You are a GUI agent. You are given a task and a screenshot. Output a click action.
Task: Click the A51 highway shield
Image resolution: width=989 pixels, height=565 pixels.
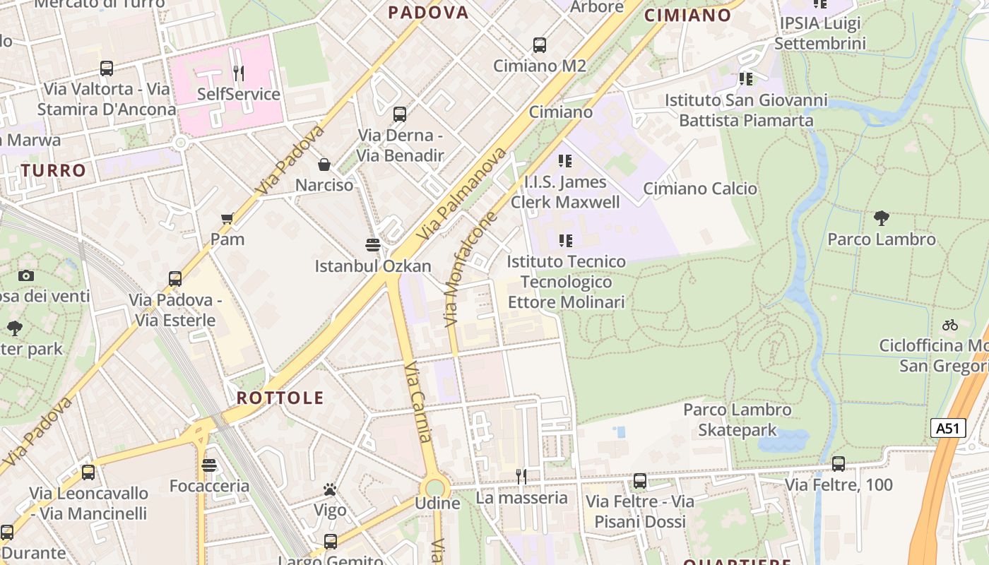pyautogui.click(x=948, y=428)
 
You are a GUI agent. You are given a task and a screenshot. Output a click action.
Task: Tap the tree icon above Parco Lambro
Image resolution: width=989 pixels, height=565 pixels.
pyautogui.click(x=881, y=218)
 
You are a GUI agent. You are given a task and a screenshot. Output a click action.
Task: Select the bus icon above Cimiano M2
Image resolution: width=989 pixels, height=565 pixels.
pyautogui.click(x=540, y=45)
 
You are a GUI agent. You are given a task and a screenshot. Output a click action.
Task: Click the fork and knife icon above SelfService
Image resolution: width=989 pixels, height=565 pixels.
pyautogui.click(x=239, y=73)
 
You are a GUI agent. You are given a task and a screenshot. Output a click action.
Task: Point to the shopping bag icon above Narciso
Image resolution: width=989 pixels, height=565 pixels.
pyautogui.click(x=324, y=165)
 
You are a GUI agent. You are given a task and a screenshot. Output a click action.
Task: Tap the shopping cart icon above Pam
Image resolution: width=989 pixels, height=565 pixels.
pyautogui.click(x=227, y=218)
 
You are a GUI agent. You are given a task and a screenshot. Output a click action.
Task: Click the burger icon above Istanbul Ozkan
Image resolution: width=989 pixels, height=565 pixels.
pyautogui.click(x=373, y=245)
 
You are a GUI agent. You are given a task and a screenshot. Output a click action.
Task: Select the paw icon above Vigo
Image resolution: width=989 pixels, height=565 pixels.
pyautogui.click(x=329, y=489)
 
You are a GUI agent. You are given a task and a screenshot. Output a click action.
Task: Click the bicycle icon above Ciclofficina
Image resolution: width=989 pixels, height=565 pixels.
pyautogui.click(x=950, y=325)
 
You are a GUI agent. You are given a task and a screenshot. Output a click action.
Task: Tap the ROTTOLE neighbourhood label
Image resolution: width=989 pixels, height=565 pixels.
pyautogui.click(x=280, y=398)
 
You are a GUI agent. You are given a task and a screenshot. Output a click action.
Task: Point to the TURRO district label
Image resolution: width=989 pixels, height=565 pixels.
pyautogui.click(x=53, y=170)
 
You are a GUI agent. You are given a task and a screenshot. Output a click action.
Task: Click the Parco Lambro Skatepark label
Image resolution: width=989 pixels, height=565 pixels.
pyautogui.click(x=738, y=420)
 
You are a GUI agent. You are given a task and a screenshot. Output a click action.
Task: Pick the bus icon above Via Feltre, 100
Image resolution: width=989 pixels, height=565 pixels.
pyautogui.click(x=839, y=464)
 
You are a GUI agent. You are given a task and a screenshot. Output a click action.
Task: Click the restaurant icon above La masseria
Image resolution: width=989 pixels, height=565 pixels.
pyautogui.click(x=521, y=477)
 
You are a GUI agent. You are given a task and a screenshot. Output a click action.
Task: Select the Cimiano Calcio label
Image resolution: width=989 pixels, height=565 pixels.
pyautogui.click(x=700, y=189)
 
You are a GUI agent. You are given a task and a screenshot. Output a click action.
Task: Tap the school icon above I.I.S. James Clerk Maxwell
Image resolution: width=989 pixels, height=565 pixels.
pyautogui.click(x=564, y=161)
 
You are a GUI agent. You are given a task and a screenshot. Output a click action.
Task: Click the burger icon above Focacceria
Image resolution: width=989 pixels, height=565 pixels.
pyautogui.click(x=208, y=465)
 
